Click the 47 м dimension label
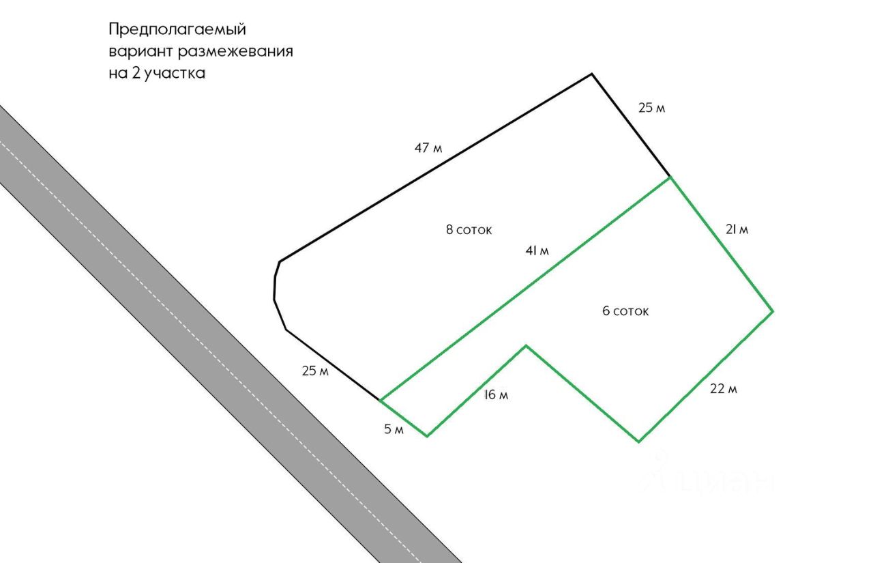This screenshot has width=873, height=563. (428, 147)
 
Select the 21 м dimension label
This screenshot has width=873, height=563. (736, 229)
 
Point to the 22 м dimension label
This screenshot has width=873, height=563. (723, 389)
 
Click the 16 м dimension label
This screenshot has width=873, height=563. (496, 394)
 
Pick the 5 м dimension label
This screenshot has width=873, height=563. (394, 429)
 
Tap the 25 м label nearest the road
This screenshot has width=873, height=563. (315, 371)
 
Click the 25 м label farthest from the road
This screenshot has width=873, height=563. (651, 108)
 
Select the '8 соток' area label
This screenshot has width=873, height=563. (469, 229)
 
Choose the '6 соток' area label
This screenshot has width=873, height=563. (625, 311)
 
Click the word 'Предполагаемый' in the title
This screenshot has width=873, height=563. (177, 29)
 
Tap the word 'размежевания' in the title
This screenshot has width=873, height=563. (236, 51)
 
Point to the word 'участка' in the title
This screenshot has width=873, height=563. (173, 74)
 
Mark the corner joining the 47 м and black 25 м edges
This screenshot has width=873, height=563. (591, 74)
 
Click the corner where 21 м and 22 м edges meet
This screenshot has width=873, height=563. (773, 312)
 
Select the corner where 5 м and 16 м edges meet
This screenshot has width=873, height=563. (427, 435)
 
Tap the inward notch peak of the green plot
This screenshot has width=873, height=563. (526, 346)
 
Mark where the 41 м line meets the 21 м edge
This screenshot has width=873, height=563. (670, 177)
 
